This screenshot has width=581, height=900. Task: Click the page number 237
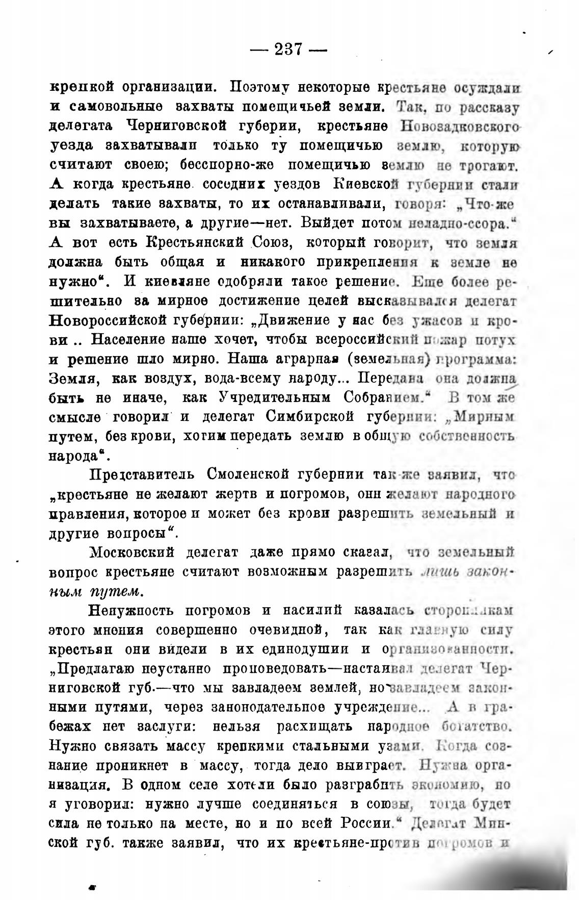(288, 49)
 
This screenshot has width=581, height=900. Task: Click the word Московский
(132, 552)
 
